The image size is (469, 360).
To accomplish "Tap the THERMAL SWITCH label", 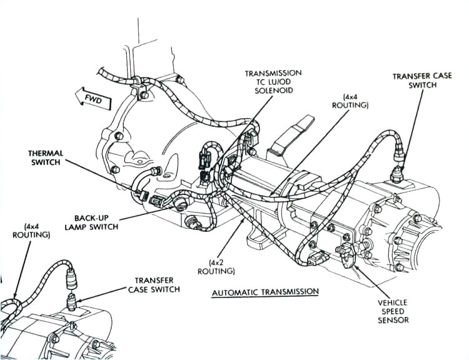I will click(x=46, y=157).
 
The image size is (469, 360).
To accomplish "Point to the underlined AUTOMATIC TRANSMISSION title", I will click(x=265, y=292).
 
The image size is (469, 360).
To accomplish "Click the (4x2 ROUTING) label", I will click(x=216, y=267).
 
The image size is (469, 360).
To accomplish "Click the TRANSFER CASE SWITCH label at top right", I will click(x=414, y=81).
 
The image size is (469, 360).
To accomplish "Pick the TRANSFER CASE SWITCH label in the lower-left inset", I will click(x=154, y=285).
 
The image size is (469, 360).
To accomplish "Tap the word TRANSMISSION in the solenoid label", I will click(x=273, y=73).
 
